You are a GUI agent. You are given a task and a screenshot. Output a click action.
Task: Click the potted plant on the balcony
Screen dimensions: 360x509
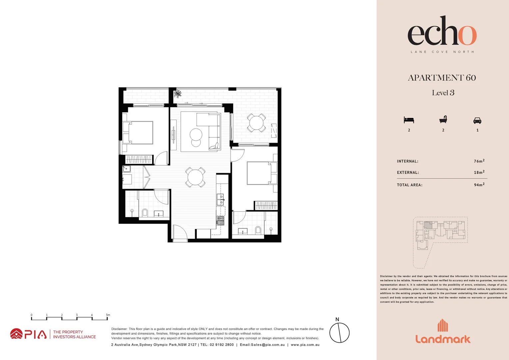pos(178,94)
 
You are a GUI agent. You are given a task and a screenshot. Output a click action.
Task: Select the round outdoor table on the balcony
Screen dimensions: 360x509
pos(256,123)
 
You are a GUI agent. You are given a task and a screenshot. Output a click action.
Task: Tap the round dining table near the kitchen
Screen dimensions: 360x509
pos(195,177)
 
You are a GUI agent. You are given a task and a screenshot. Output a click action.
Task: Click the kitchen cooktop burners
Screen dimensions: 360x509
pos(221,220)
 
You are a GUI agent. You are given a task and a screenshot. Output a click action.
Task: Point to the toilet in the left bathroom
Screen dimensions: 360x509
pos(145,212)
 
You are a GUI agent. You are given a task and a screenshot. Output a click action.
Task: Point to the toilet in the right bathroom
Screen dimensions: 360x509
pos(258,230)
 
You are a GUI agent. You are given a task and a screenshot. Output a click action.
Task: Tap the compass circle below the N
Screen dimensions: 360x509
pos(339,333)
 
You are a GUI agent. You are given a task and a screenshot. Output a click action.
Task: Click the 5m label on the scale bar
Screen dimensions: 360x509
pos(108,315)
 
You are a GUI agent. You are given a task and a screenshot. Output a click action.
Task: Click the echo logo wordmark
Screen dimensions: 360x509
pos(442,31)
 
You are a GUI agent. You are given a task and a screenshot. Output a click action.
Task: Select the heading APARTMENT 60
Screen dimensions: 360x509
pos(442,78)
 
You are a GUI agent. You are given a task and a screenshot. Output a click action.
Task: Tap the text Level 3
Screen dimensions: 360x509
pos(443,93)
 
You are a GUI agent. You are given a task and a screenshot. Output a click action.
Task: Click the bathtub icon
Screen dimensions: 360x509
pos(443,120)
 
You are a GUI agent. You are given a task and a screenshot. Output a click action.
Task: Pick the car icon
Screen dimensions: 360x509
pos(477,120)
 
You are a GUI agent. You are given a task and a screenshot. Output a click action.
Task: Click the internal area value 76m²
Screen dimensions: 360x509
pos(479,161)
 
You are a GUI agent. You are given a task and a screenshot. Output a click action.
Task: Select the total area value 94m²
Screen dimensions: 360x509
pos(479,185)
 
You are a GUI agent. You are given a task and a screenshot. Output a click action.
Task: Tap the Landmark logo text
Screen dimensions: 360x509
pos(443,339)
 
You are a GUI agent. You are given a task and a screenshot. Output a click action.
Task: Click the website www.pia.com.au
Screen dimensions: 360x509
pos(305,345)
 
